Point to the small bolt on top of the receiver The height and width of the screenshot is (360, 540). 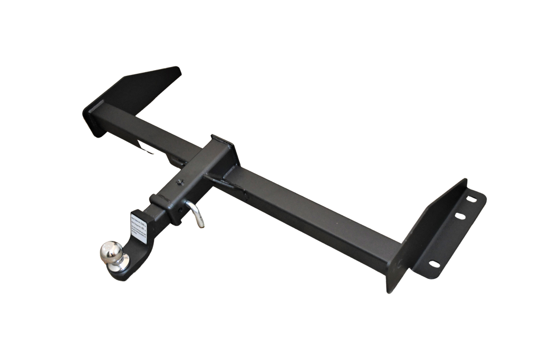coord(180,183)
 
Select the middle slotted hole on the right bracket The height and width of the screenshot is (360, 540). coord(460,216)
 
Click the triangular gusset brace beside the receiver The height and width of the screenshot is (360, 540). coord(224,182)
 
